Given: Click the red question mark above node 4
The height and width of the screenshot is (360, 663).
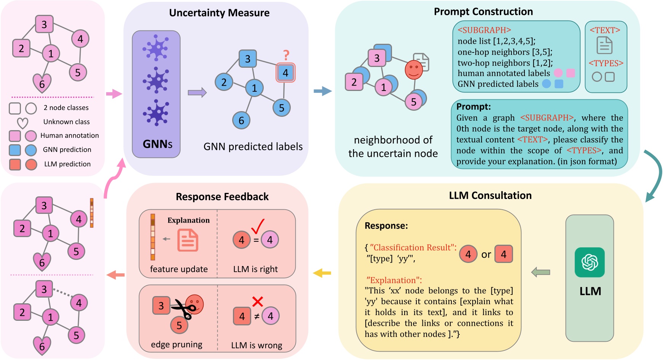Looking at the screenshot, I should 286,56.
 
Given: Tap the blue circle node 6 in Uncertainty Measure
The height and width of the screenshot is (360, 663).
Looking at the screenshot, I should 241,121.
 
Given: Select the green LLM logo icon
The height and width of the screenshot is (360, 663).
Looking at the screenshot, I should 590,262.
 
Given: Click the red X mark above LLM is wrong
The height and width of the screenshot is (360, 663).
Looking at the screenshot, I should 258,302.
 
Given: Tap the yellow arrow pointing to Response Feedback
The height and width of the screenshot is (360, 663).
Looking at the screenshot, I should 322,273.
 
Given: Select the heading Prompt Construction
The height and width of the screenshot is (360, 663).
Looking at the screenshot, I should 483,12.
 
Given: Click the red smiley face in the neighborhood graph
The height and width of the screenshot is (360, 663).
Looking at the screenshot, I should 414,70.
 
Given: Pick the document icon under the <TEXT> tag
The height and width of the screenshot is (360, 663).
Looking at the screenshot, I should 604,45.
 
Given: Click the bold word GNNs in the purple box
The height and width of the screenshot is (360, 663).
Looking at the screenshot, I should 157,144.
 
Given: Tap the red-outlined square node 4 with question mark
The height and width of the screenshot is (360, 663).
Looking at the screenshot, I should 285,73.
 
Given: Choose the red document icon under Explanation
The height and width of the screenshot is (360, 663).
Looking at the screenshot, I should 188,240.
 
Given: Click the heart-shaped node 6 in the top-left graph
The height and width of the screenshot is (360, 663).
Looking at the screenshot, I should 42,83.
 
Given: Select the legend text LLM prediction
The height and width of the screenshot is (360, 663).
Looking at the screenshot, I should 67,164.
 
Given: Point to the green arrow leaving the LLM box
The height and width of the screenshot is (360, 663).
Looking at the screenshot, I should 540,272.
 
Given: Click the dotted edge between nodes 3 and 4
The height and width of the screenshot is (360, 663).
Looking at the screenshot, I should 62,293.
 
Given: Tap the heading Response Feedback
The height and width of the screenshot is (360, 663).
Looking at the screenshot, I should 222,197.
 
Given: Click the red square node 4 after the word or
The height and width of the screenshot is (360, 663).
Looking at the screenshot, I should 504,254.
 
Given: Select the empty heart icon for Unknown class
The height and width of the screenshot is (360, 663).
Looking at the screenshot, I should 23,123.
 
